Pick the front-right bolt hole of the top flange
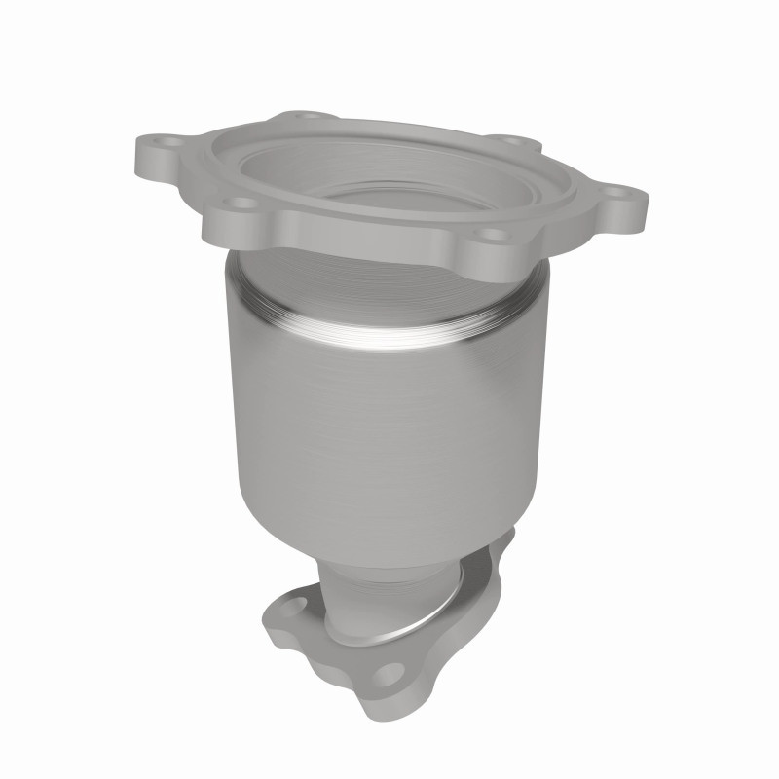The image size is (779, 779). (493, 234)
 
